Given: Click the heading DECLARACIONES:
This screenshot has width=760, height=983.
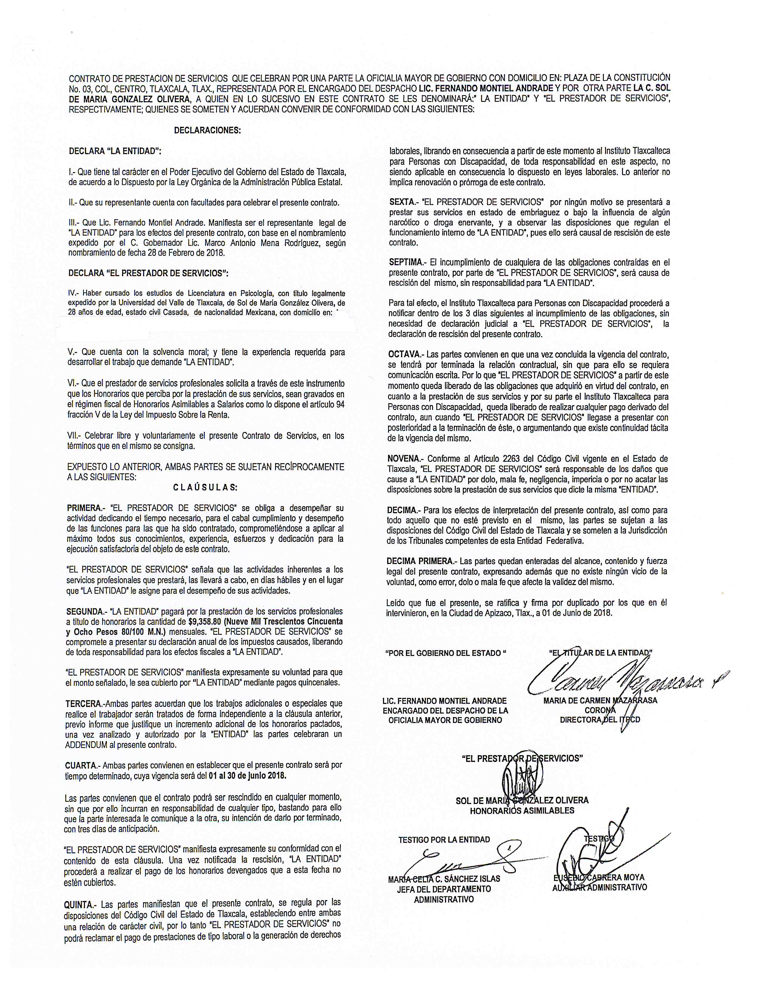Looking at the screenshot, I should click(x=207, y=130).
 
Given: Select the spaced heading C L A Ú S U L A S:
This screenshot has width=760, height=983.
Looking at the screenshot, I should click(x=205, y=487).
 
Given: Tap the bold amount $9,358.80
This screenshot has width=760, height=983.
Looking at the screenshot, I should click(x=208, y=622).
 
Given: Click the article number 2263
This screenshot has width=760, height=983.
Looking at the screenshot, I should click(x=510, y=459).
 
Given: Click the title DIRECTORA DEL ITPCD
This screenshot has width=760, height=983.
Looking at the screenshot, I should click(x=600, y=720).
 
